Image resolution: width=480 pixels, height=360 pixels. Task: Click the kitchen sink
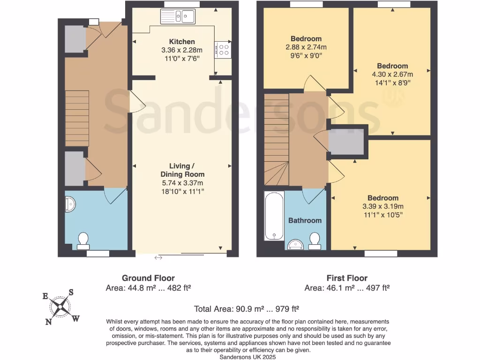coord(179,17)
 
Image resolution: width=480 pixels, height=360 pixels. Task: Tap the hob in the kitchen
coord(223,49)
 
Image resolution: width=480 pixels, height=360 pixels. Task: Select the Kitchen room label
coord(181,42)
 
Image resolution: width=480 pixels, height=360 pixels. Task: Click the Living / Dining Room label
coord(182,170)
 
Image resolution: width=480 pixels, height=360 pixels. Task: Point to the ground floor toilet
coord(84,240)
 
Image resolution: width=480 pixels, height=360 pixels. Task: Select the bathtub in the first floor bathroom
coord(274,216)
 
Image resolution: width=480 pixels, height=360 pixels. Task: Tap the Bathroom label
coord(305,220)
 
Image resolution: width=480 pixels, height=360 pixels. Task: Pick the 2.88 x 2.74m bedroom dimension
coord(306,47)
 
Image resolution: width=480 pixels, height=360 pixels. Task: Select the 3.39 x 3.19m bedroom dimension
coord(382,206)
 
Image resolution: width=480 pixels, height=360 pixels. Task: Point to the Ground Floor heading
coord(148,278)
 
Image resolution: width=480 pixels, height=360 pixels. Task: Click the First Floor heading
coord(347,278)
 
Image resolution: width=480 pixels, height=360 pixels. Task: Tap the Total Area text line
coord(247,309)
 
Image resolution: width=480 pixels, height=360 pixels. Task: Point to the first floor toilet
coord(315,240)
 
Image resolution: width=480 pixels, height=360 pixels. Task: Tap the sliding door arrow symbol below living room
coord(158,257)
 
